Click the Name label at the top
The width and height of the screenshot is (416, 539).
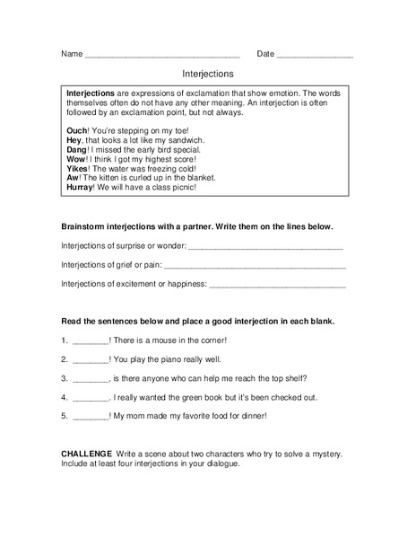click(72, 54)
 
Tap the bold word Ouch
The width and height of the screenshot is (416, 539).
click(78, 130)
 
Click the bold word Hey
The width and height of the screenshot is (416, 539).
click(75, 141)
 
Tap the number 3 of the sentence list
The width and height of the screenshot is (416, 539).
click(64, 378)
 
